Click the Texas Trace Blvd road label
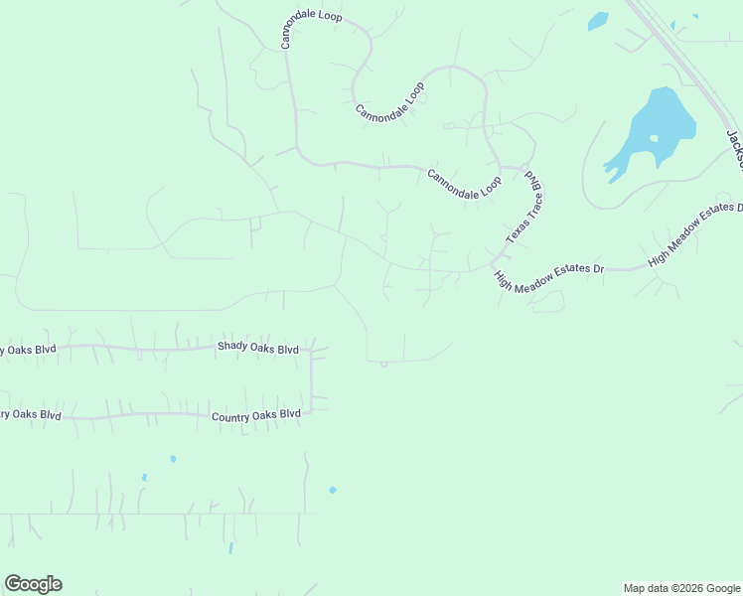coord(523,208)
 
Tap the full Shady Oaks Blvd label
coord(258,349)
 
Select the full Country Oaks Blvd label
coord(255,415)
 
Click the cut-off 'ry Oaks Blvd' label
coord(31,414)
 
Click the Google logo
coord(33,584)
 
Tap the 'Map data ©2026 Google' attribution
coord(682,588)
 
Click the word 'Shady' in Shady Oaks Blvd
coord(232,349)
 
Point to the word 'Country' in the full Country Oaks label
coord(229,416)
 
